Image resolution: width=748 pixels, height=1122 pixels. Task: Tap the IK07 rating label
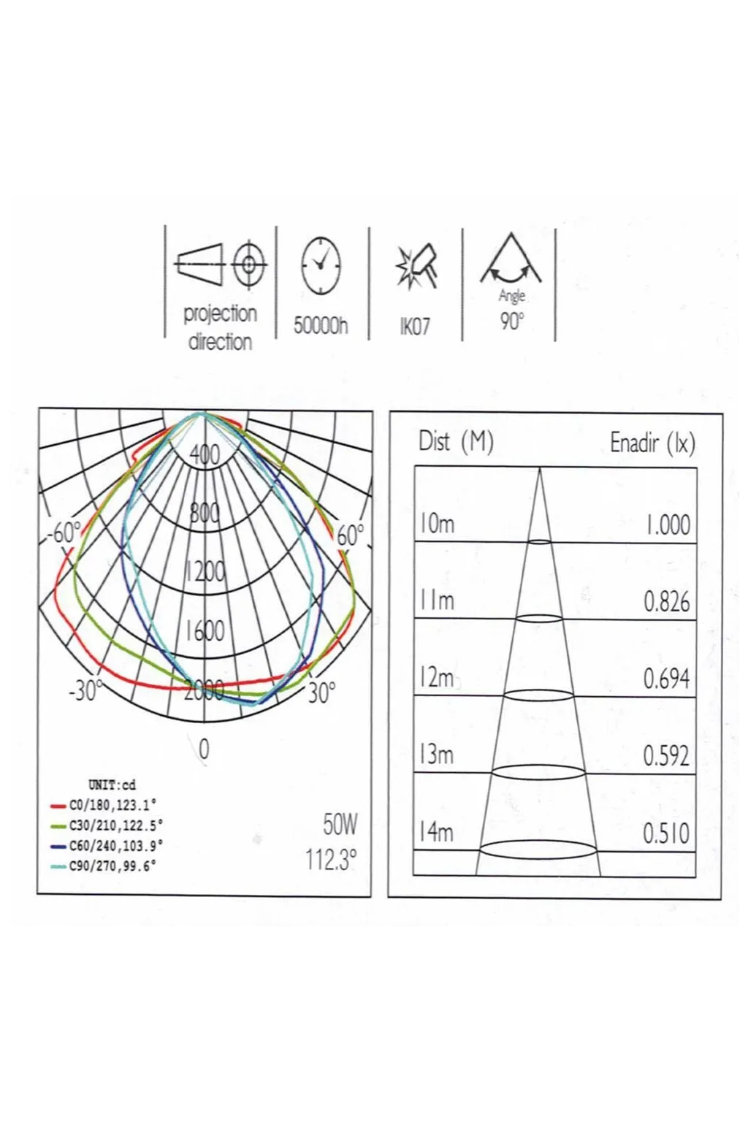pos(415,327)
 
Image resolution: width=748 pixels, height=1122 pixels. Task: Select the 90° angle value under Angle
pos(511,321)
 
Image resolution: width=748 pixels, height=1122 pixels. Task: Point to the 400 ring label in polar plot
pos(205,455)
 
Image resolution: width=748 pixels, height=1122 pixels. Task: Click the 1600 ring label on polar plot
pos(205,630)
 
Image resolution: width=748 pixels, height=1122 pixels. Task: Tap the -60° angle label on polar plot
pos(64,533)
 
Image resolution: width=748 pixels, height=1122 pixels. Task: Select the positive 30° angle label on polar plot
pos(321,692)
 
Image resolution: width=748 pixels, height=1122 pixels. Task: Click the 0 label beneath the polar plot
pos(204,749)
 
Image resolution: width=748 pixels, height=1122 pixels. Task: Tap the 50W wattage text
pos(340,825)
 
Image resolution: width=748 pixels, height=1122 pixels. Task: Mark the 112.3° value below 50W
pos(331,860)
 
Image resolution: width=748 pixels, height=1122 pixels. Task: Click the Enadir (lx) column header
pos(652,443)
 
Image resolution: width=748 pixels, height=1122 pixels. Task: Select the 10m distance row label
pos(437,524)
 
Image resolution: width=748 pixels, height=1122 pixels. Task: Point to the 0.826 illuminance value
pos(666,602)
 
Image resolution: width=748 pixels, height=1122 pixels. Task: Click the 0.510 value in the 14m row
pos(666,833)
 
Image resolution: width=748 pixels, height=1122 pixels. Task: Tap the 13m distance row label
pos(437,755)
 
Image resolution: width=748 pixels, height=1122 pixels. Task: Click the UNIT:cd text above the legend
pos(112,785)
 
